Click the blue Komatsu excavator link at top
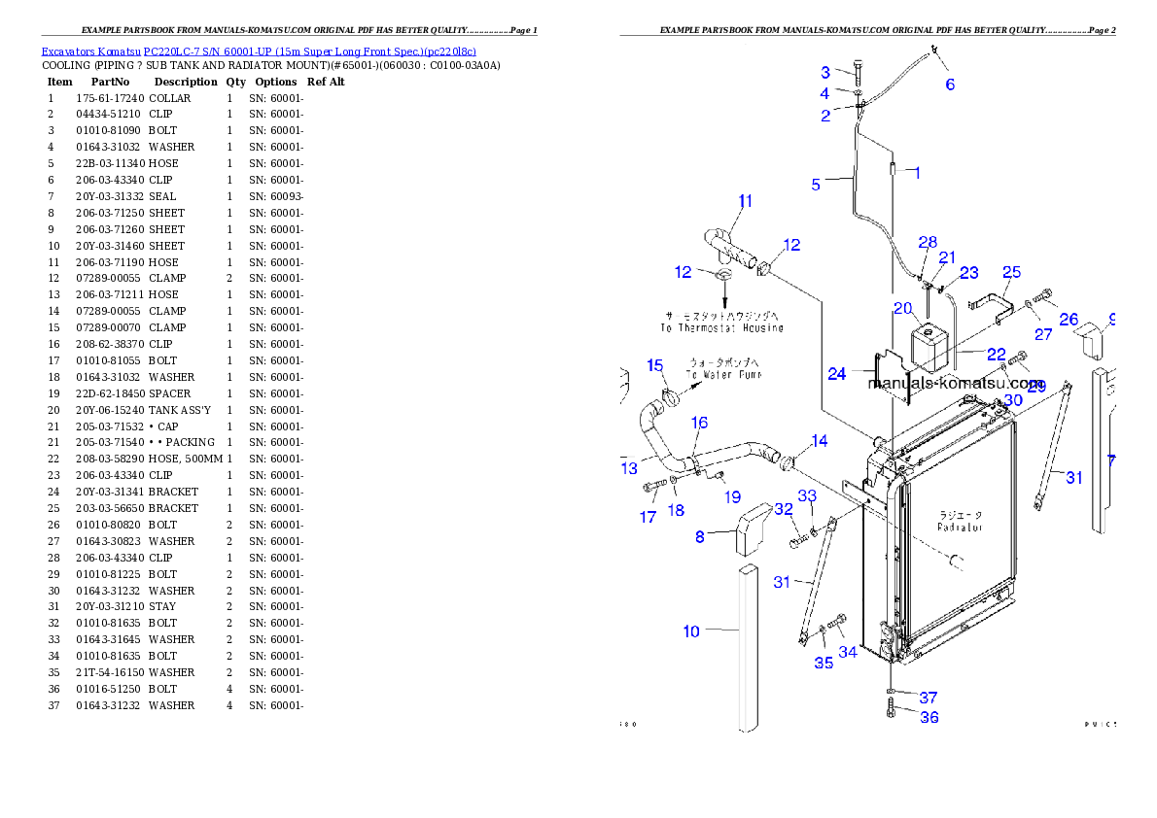tap(258, 51)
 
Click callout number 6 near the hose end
tap(950, 85)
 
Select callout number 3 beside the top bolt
tap(825, 72)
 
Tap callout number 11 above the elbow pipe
tap(745, 202)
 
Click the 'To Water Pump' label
tap(723, 374)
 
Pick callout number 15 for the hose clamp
tap(655, 365)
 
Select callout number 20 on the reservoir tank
tap(902, 309)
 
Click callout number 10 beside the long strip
tap(691, 631)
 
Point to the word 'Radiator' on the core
tap(960, 527)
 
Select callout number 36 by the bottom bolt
tap(929, 717)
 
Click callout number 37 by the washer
tap(929, 698)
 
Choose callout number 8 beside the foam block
tap(700, 536)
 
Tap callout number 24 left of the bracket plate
tap(837, 373)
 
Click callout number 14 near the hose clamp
tap(820, 441)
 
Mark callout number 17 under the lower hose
tap(649, 518)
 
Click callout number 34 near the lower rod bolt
tap(848, 652)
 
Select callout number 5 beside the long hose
tap(817, 184)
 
